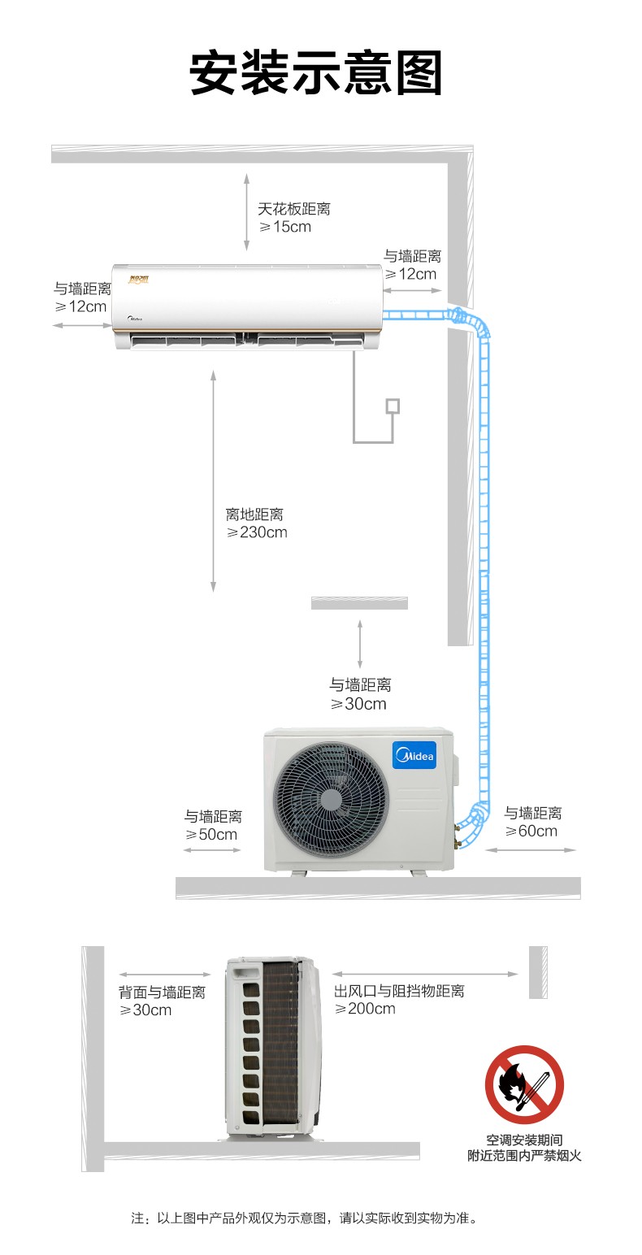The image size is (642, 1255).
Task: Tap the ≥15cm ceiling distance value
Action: tap(285, 227)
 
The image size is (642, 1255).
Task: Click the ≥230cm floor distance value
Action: tap(257, 532)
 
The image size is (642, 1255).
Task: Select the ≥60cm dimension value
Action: tap(531, 831)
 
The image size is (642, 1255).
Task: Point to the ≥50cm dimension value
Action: tap(211, 834)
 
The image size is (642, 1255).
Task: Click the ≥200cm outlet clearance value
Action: tap(365, 1009)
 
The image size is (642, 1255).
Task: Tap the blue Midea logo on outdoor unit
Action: tap(414, 755)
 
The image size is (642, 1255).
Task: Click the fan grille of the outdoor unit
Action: tap(331, 799)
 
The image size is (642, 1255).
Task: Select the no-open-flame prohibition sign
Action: tap(524, 1083)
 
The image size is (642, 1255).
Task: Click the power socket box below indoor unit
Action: tap(393, 406)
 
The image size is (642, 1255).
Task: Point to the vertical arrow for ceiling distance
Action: tap(246, 212)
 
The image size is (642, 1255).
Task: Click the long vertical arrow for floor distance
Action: tap(213, 480)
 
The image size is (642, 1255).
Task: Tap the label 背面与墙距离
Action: tap(162, 992)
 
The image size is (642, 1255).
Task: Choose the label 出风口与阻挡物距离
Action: tap(399, 991)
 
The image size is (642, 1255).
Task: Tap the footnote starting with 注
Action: tap(305, 1218)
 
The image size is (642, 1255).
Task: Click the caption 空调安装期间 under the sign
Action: tap(524, 1140)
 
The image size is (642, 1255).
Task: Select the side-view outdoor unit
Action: tap(273, 1047)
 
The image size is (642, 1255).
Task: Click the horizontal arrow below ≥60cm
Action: tap(531, 850)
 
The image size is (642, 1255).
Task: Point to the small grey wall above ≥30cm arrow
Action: tap(360, 603)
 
